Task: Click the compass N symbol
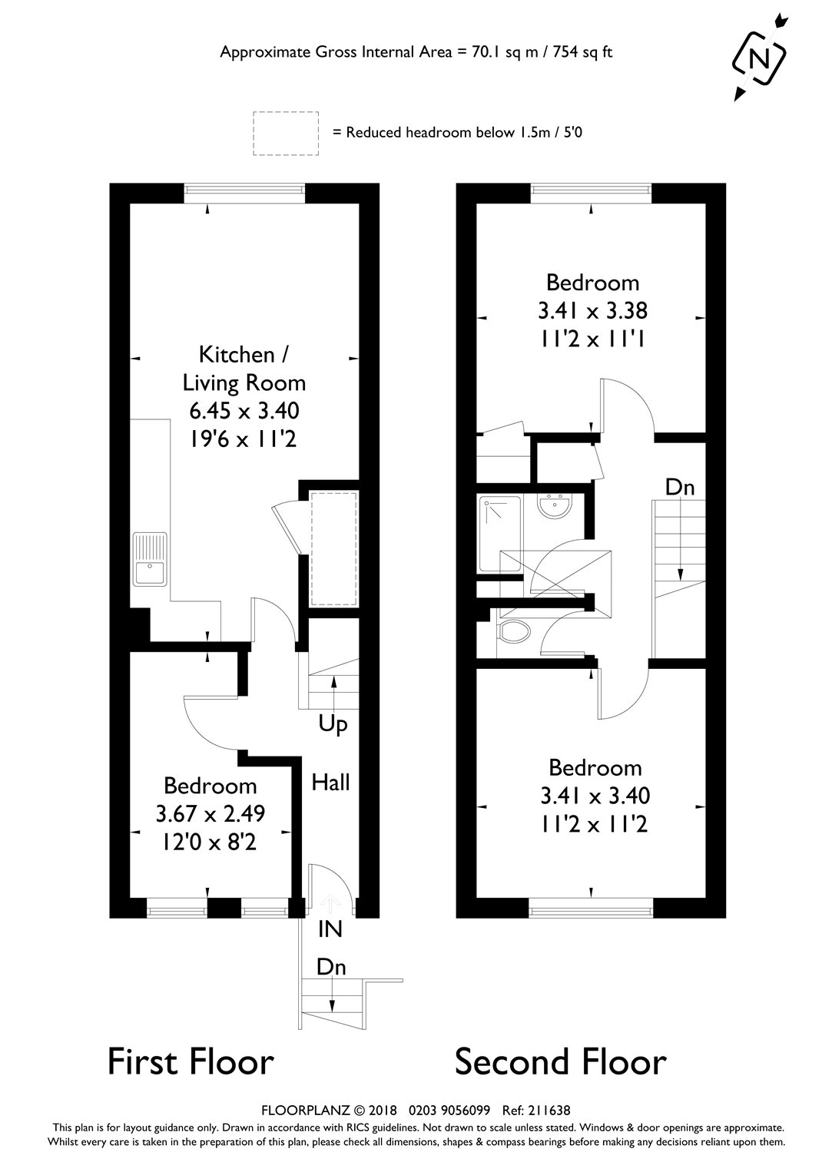tap(759, 58)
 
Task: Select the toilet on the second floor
tap(513, 633)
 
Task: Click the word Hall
tap(330, 783)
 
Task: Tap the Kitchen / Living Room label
tap(244, 369)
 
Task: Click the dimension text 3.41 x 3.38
tap(592, 310)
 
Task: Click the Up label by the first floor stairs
tap(333, 724)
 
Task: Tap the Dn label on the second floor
tap(679, 487)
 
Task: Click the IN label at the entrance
tap(330, 929)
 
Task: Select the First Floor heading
tap(191, 1061)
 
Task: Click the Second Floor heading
tap(560, 1061)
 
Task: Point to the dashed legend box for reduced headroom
tap(286, 134)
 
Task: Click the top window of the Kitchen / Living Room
tap(245, 193)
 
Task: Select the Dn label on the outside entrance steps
tap(331, 968)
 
